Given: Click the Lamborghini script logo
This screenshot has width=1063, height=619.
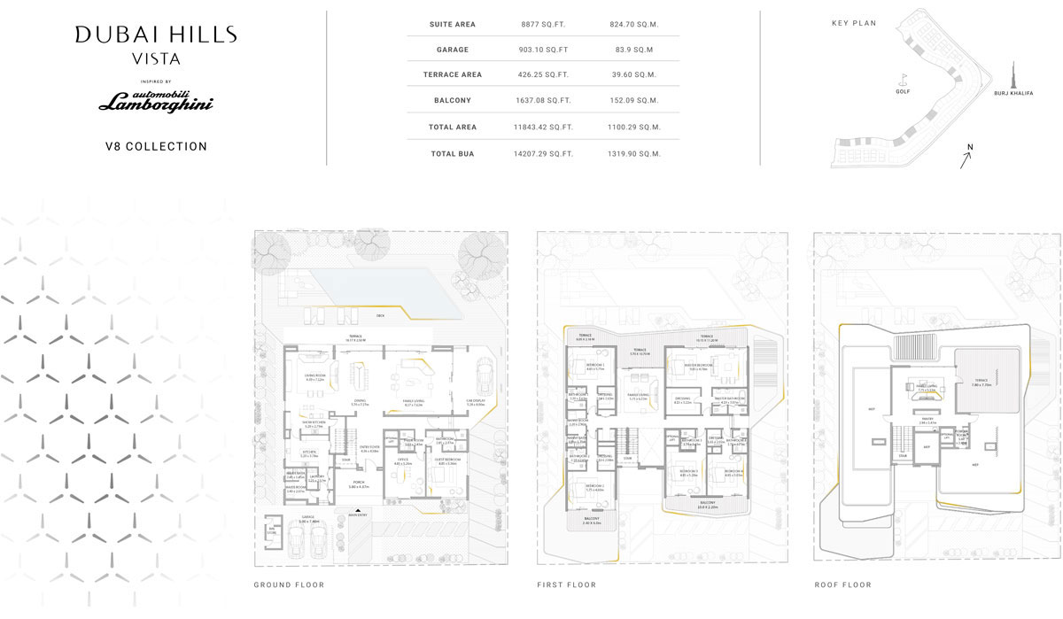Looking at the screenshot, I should click(156, 104).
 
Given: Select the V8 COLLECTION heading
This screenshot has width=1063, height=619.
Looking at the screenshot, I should click(156, 147).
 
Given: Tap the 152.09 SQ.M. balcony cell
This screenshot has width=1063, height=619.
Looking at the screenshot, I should click(636, 101).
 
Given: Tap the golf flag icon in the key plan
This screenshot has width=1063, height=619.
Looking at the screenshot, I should click(904, 78).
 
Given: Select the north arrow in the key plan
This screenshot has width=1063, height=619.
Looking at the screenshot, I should click(966, 159).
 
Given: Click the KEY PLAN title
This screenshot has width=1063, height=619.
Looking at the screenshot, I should click(854, 23).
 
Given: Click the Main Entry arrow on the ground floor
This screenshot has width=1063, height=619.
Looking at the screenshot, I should click(358, 513).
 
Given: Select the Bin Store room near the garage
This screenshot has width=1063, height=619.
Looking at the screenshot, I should click(272, 530).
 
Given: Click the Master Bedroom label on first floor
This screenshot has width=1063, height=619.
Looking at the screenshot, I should click(693, 367).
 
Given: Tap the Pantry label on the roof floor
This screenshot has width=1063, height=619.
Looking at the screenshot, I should click(927, 420).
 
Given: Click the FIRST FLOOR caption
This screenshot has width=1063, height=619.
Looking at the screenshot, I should click(566, 585).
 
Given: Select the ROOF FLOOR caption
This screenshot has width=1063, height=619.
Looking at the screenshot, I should click(842, 585).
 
